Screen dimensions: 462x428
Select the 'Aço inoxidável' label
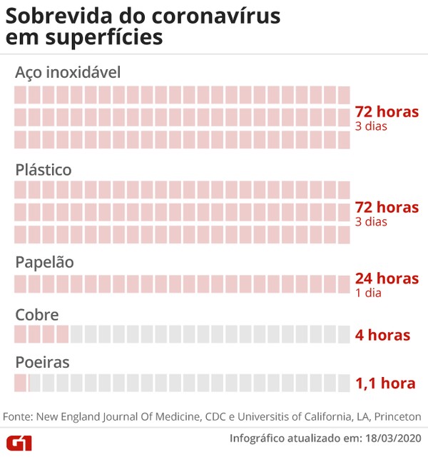pyautogui.click(x=68, y=73)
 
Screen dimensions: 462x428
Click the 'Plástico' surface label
pyautogui.click(x=44, y=170)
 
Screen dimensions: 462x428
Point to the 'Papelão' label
pyautogui.click(x=44, y=262)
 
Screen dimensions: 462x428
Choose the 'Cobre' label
pyautogui.click(x=36, y=315)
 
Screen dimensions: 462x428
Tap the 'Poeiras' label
pyautogui.click(x=42, y=363)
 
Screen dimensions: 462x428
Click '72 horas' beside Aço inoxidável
pyautogui.click(x=387, y=111)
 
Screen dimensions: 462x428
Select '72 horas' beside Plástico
pyautogui.click(x=387, y=207)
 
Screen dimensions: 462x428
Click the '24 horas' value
pyautogui.click(x=387, y=278)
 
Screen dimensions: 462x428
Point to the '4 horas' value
pyautogui.click(x=382, y=334)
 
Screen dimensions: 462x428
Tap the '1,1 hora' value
pyautogui.click(x=385, y=383)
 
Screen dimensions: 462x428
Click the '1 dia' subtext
pyautogui.click(x=369, y=293)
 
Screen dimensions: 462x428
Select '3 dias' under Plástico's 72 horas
pyautogui.click(x=371, y=221)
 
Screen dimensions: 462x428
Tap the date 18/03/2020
pyautogui.click(x=393, y=438)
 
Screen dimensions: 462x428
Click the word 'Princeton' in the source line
pyautogui.click(x=397, y=416)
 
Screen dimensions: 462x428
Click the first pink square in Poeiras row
pyautogui.click(x=20, y=383)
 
